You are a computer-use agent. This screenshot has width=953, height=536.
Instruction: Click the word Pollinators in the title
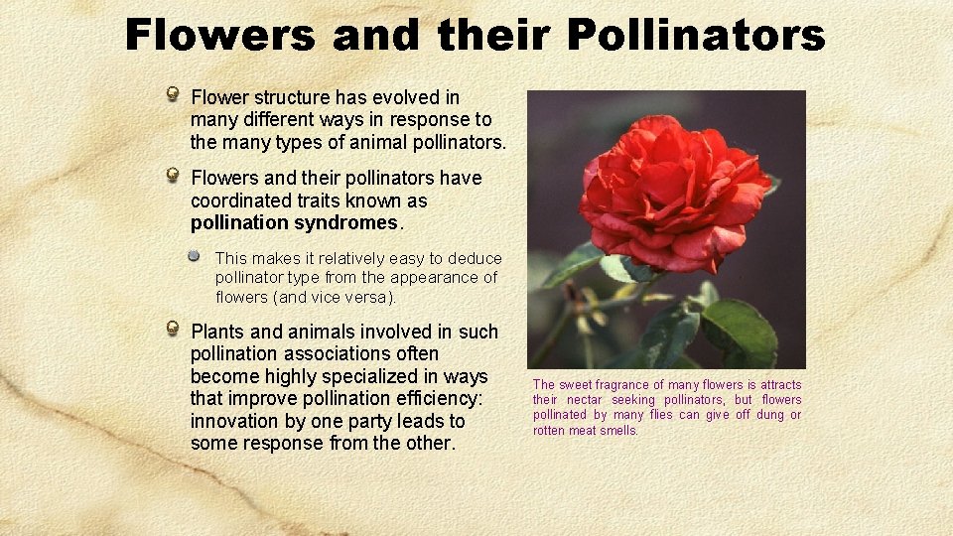coord(696,37)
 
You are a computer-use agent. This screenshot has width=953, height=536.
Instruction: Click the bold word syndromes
coord(341,222)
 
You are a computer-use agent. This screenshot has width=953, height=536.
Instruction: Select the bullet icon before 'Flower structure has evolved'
coord(173,95)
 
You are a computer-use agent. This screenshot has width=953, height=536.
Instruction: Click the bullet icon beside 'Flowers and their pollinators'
coord(173,177)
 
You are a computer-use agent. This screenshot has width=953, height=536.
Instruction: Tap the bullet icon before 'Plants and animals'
coord(173,330)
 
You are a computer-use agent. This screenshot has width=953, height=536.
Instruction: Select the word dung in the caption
coord(768,415)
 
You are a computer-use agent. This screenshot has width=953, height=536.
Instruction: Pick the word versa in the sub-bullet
coord(367,298)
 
